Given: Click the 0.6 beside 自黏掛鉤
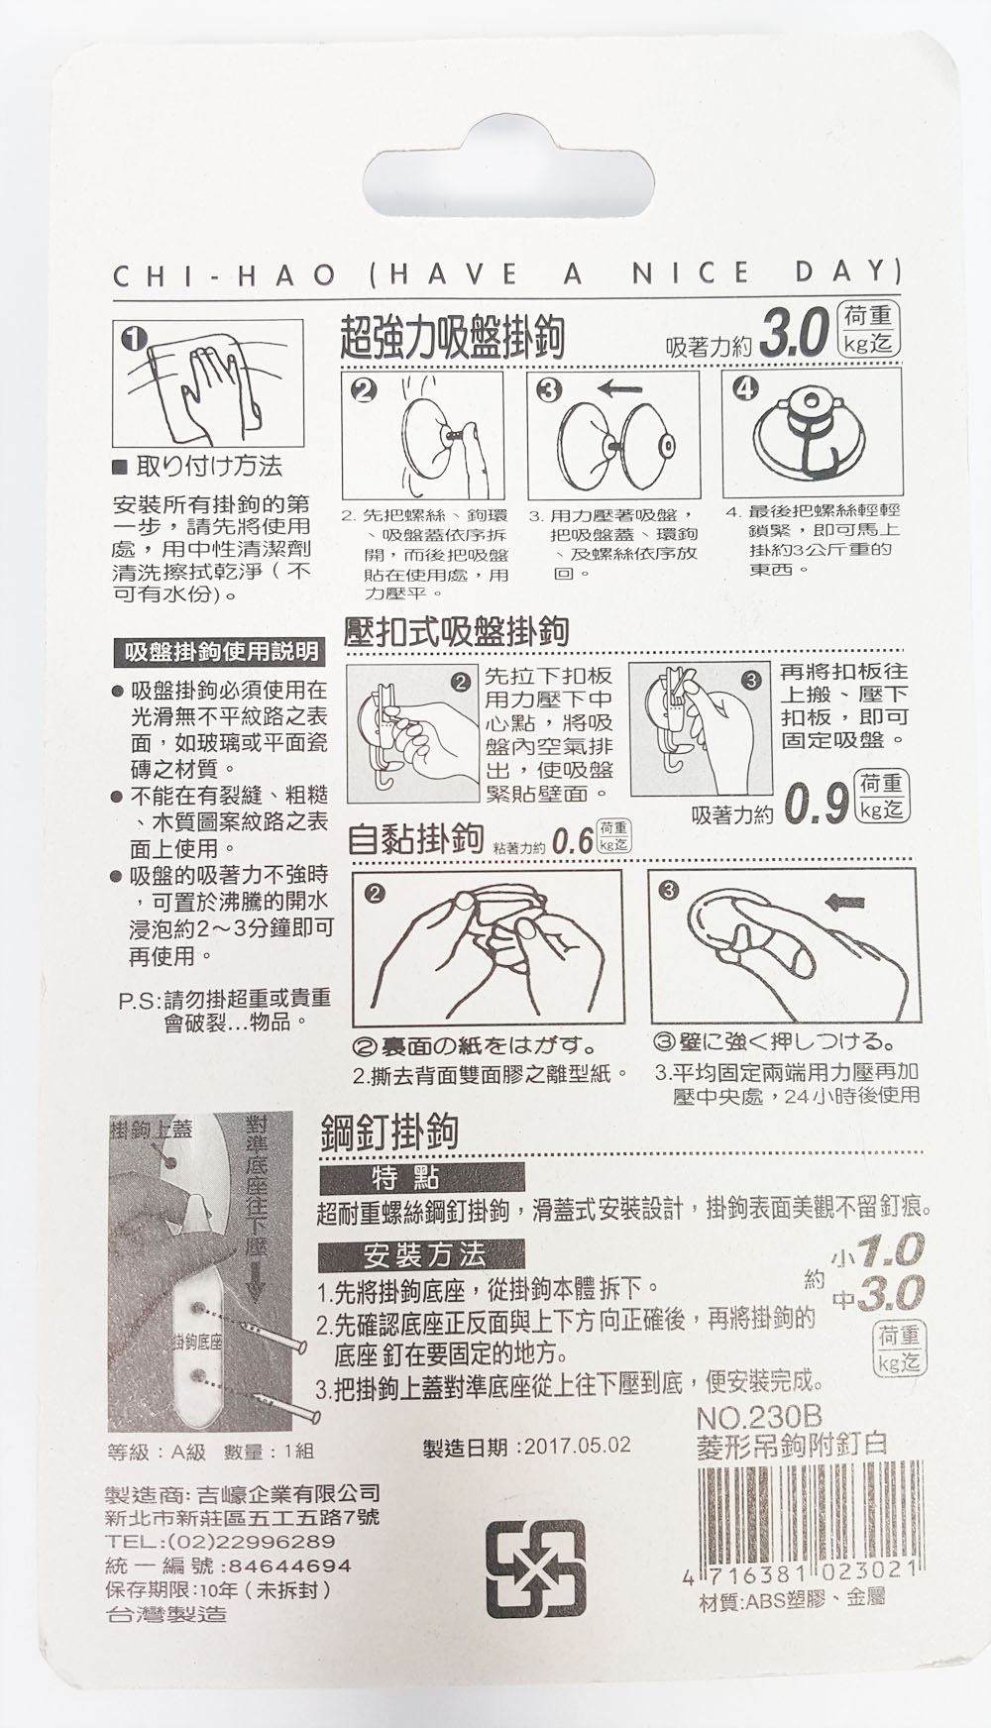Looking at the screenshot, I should [x=573, y=843].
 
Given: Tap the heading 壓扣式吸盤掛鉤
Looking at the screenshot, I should [x=455, y=631].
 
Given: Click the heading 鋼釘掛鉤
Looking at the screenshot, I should [x=388, y=1133].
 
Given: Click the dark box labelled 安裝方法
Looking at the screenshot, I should [x=421, y=1255].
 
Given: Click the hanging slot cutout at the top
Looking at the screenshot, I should [x=510, y=181].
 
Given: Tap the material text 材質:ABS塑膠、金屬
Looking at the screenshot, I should [x=792, y=1599].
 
